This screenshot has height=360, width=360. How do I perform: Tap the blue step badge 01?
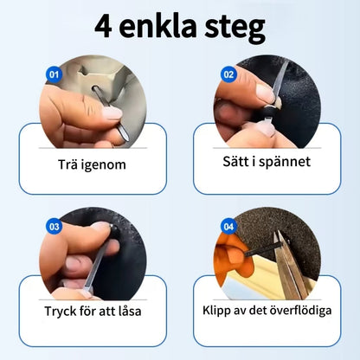[54, 74]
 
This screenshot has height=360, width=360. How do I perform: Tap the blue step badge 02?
[229, 74]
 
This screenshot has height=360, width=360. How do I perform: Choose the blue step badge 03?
[54, 227]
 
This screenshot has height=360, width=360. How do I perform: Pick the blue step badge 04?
[228, 227]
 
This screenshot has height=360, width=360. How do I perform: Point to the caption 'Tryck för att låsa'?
[93, 312]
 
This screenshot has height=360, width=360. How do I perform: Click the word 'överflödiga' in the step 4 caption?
[299, 312]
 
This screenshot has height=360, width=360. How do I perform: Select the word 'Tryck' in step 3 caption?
[60, 312]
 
